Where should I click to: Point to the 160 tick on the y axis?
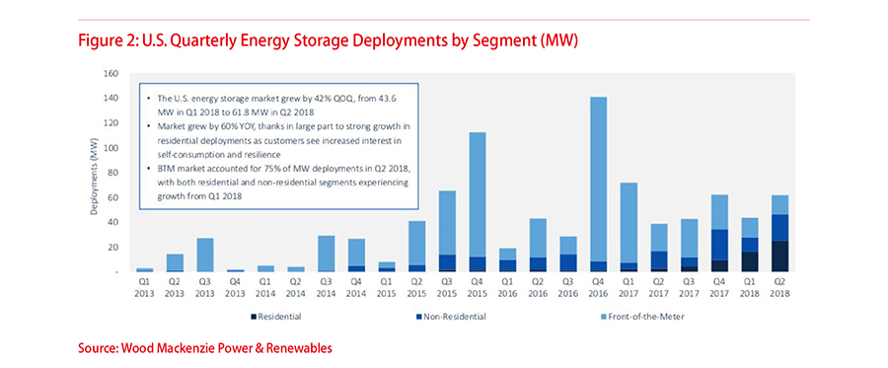111,74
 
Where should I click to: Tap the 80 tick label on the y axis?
113,174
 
